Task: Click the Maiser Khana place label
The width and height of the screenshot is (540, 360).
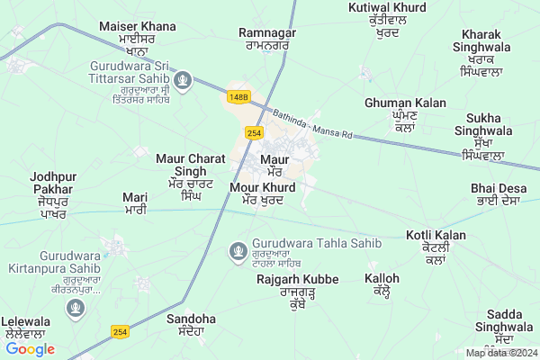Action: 139,33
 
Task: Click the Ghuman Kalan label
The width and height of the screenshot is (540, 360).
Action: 405,110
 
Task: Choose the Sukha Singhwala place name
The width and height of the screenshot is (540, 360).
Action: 490,136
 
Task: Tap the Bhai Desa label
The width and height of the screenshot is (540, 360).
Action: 496,193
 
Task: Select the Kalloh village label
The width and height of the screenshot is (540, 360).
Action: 382,283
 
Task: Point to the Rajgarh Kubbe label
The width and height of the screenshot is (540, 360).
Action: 296,286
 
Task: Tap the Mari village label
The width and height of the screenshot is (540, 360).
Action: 135,202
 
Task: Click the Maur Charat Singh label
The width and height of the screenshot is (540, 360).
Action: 191,171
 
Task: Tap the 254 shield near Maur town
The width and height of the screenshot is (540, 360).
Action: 254,132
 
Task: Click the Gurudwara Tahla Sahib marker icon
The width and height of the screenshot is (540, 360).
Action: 238,249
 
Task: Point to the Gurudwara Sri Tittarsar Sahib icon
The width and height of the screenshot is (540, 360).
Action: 184,81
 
